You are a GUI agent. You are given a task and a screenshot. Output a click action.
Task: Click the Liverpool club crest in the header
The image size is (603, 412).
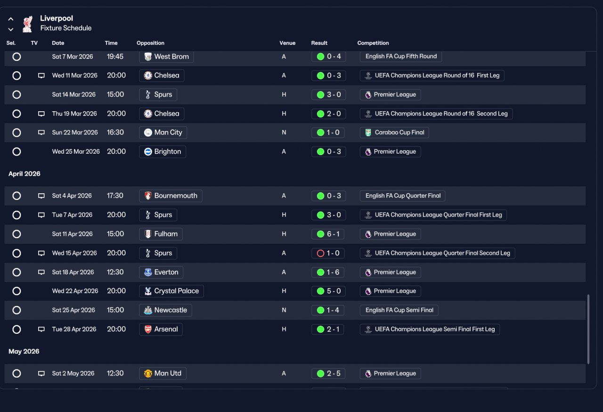[27, 24]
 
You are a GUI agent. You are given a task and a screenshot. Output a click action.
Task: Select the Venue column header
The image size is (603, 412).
[287, 43]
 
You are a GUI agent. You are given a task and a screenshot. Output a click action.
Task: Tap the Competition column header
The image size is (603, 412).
[373, 43]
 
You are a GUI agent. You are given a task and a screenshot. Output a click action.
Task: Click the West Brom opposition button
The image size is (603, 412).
[166, 57]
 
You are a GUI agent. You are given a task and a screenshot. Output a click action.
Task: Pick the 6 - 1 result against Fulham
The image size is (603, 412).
[328, 234]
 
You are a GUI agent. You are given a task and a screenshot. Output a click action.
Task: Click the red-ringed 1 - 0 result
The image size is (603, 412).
[328, 253]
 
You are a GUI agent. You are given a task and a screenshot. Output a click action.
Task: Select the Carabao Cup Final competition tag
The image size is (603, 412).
[394, 132]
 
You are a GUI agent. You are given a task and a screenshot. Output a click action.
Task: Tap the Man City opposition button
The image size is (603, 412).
[163, 132]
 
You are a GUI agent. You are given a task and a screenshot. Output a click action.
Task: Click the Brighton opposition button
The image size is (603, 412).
[163, 152]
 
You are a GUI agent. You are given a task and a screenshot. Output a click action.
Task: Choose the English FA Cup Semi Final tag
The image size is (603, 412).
[399, 310]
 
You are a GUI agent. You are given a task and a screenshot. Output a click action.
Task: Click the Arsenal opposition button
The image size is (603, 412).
[161, 330]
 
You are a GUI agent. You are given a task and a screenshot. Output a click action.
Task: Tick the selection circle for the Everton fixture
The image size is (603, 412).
[16, 272]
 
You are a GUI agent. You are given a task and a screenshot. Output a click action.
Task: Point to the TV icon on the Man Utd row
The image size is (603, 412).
[41, 373]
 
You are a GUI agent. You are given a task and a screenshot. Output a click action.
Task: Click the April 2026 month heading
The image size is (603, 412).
[24, 173]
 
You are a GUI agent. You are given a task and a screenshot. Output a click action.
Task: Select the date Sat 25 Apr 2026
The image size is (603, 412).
[73, 310]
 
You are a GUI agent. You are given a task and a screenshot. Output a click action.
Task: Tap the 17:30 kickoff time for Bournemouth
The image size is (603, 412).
[115, 196]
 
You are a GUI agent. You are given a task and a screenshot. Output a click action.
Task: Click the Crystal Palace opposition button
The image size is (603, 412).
[171, 291]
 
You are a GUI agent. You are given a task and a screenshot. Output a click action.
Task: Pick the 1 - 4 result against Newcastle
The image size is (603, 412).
[328, 310]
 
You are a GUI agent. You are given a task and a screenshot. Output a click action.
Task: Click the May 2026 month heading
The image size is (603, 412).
[24, 351]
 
